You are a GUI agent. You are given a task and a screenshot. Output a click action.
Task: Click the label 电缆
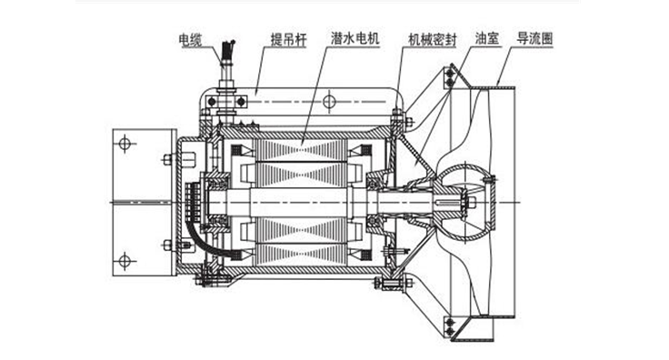click(x=190, y=40)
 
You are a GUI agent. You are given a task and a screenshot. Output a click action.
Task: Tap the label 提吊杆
click(x=289, y=40)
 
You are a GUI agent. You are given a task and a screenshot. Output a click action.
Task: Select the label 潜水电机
click(x=355, y=38)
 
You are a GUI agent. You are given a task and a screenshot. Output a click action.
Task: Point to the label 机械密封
click(x=432, y=40)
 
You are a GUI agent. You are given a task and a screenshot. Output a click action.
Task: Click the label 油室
click(x=487, y=38)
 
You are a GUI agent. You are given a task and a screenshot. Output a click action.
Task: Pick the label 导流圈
click(x=534, y=38)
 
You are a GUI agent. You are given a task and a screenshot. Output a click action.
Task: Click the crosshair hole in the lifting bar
click(x=329, y=102)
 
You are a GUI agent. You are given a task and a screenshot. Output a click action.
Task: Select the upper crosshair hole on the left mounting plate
click(x=125, y=144)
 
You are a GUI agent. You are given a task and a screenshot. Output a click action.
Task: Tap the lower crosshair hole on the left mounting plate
click(x=125, y=260)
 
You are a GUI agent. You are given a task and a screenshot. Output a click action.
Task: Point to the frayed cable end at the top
click(x=229, y=48)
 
